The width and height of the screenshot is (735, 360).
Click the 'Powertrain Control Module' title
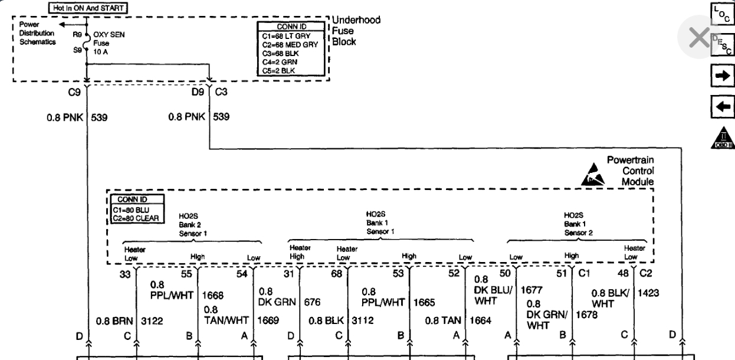pyautogui.click(x=630, y=171)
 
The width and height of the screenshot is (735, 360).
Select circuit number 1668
pyautogui.click(x=213, y=294)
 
